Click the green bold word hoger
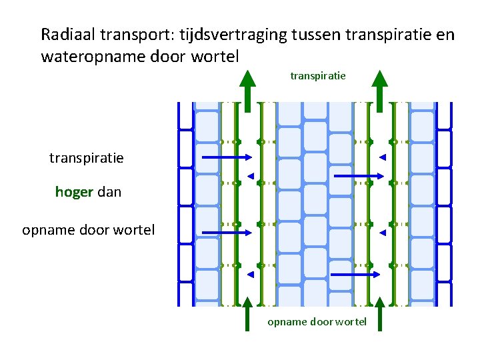[74, 193]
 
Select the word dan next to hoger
[109, 193]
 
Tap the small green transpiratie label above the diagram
[318, 76]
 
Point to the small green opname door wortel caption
[317, 321]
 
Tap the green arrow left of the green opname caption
[247, 314]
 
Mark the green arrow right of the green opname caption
[379, 314]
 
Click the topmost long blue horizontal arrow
[226, 157]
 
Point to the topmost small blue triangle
[383, 157]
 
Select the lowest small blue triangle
[250, 275]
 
